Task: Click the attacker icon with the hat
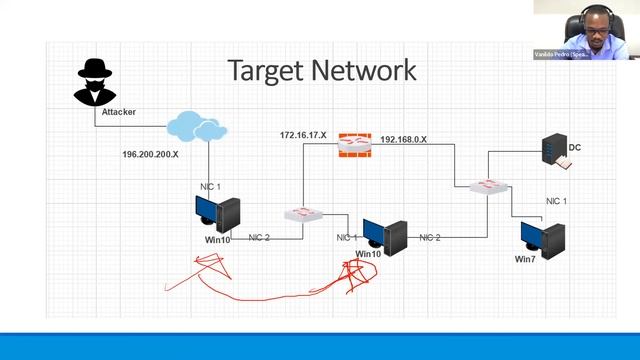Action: [95, 81]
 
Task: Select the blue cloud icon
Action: [197, 126]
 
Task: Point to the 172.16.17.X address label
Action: [303, 135]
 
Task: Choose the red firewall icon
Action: [352, 145]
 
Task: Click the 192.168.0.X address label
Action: [404, 140]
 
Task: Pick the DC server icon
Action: [551, 149]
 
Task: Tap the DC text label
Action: [575, 148]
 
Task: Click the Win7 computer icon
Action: [542, 236]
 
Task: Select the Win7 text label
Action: [526, 259]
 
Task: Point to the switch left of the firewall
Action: [302, 214]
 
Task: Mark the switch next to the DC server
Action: [489, 186]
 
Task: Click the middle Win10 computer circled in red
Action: [385, 234]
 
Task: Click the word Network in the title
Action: [366, 70]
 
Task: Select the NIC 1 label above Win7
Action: [556, 201]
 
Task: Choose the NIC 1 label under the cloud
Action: [210, 187]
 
